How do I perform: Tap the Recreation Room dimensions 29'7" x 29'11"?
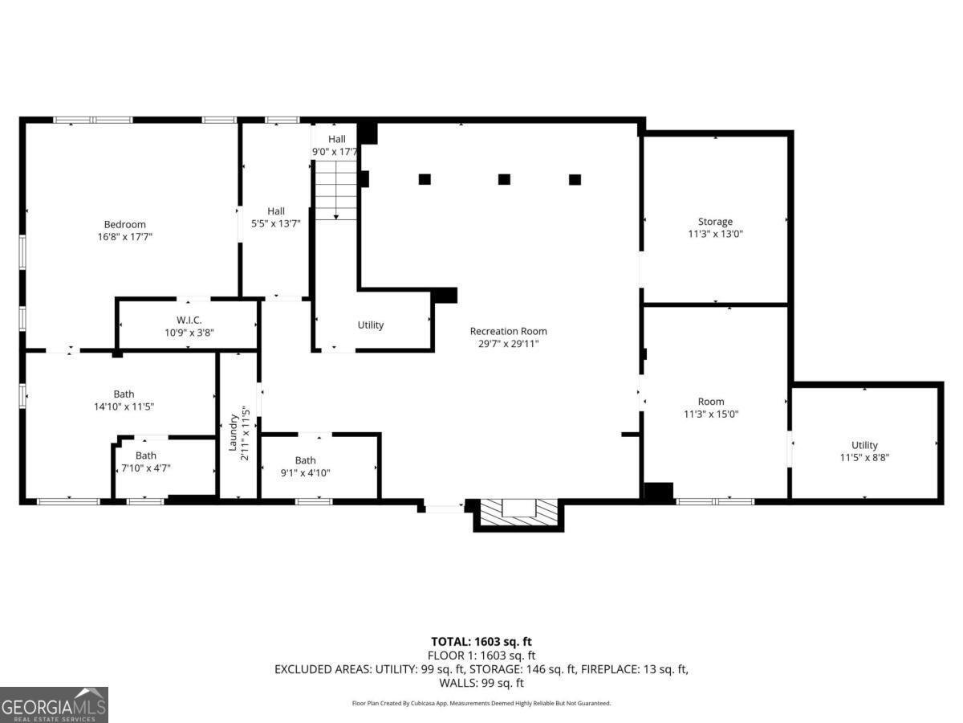pos(509,344)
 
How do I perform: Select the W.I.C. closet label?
pos(189,320)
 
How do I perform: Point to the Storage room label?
pos(715,222)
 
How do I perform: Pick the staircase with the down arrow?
pos(335,191)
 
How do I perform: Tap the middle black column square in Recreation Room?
pos(504,179)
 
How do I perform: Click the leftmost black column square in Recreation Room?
pos(425,179)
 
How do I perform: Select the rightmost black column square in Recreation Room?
pos(575,179)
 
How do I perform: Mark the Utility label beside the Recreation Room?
pos(371,325)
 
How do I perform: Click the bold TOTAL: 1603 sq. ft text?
pos(481,642)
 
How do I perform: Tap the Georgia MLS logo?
pos(54,705)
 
